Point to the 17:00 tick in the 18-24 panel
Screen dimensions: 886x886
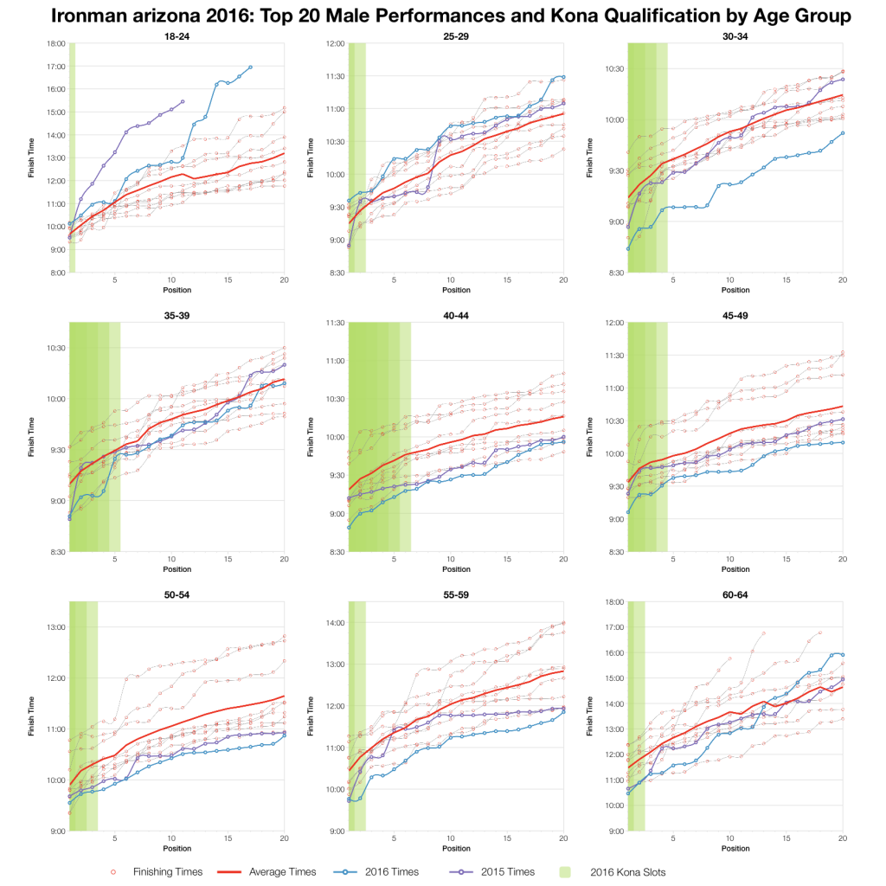pos(55,67)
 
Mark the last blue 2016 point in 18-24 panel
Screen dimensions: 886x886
pos(250,67)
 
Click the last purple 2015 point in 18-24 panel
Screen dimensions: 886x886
pos(183,101)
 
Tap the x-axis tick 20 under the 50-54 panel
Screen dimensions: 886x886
pos(284,842)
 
